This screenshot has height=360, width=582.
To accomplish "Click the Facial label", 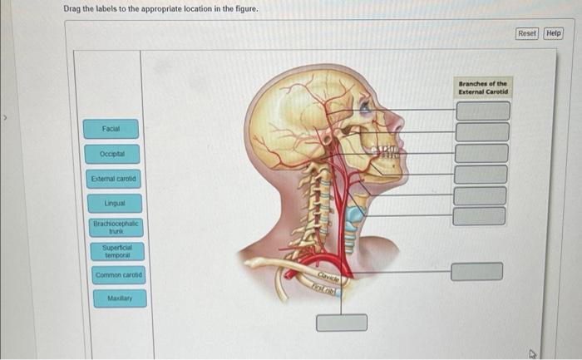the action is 111,130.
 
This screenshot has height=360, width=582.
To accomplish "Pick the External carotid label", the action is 114,179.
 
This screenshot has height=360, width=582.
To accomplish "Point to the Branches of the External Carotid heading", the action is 482,87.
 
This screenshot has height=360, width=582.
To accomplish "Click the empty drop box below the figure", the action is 342,322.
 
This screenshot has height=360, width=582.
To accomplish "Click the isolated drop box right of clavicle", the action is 477,272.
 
